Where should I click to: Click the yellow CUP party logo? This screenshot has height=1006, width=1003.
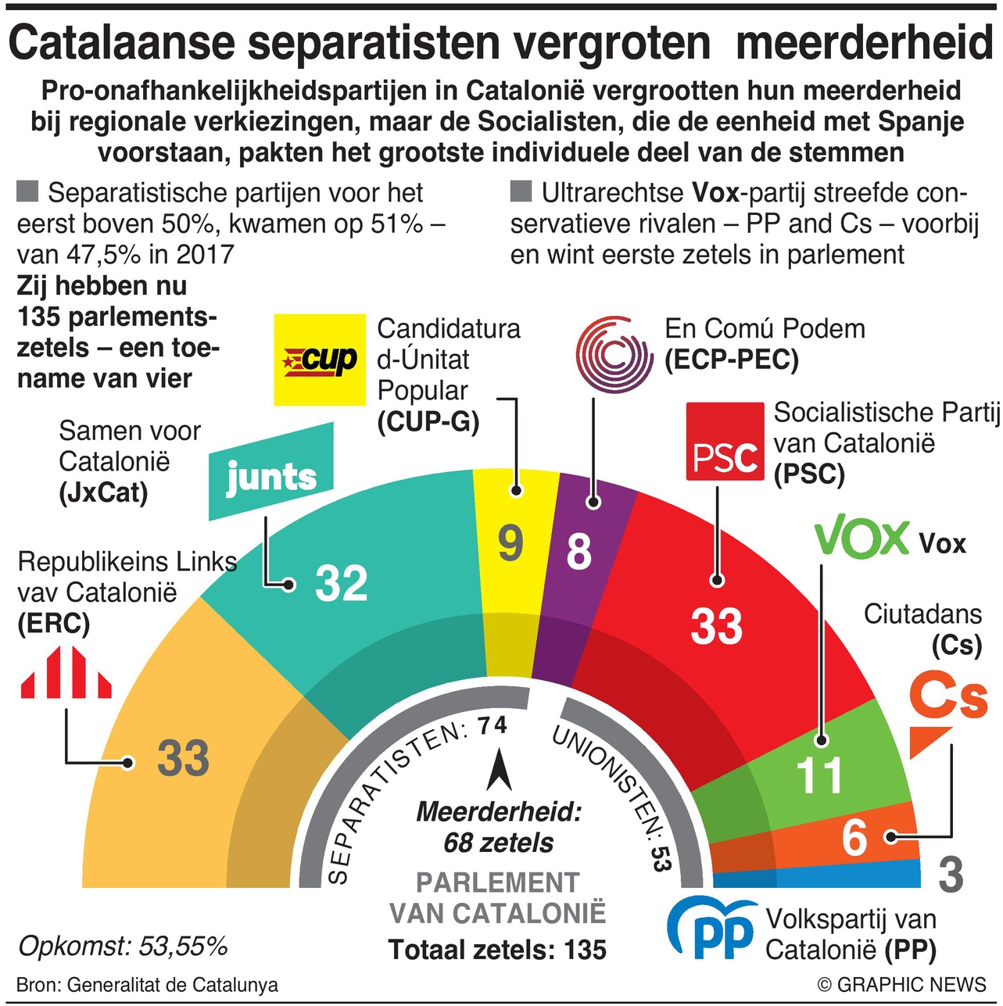(x=320, y=360)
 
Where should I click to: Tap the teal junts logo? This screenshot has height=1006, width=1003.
(x=271, y=472)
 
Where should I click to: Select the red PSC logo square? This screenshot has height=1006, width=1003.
(x=724, y=442)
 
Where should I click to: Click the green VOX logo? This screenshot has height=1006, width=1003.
(x=862, y=539)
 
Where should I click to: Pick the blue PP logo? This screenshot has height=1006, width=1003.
(x=712, y=929)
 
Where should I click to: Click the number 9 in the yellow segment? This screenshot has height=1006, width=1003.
(x=510, y=542)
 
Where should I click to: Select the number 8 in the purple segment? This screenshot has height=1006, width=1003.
(x=579, y=551)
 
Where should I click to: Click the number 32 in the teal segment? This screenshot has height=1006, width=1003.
(x=341, y=583)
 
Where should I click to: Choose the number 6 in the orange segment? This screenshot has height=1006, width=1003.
(x=854, y=837)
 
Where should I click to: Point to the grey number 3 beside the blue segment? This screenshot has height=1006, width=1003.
(x=951, y=875)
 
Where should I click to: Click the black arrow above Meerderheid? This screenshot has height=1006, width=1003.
(x=499, y=770)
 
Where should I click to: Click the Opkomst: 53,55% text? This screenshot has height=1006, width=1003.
(x=123, y=947)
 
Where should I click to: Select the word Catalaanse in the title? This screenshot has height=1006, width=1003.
(x=121, y=43)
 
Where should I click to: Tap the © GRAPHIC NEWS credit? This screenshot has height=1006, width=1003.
(x=901, y=985)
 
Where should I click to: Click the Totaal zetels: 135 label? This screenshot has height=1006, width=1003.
(x=497, y=951)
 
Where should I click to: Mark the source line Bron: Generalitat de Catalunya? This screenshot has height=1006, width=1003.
(x=147, y=985)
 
